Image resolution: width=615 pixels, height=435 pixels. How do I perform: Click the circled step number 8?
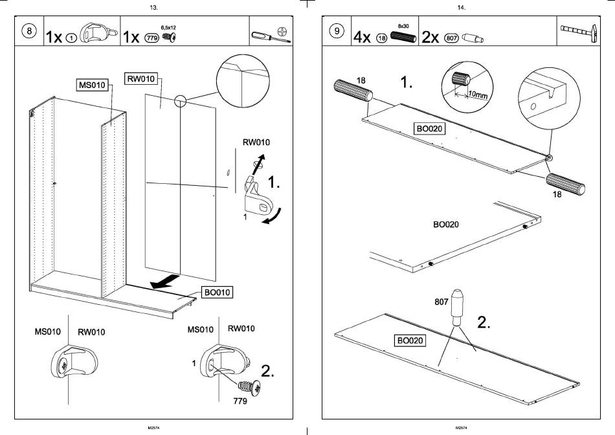click(28, 32)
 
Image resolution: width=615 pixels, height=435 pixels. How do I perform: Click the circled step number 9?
click(336, 32)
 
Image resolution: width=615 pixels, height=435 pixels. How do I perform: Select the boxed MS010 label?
click(91, 85)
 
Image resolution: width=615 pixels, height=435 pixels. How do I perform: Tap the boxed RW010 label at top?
click(140, 80)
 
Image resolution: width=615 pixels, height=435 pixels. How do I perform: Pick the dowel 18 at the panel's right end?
click(565, 184)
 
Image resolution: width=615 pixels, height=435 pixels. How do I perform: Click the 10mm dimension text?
click(478, 95)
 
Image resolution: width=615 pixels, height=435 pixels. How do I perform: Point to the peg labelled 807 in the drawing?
click(457, 307)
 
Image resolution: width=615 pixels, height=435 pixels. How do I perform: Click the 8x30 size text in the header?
click(403, 25)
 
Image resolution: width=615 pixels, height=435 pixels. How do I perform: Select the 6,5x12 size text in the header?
click(168, 28)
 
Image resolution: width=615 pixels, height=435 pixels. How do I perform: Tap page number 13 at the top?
click(153, 8)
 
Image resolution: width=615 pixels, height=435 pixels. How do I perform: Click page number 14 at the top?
click(461, 8)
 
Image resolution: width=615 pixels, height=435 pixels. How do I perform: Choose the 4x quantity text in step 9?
click(363, 38)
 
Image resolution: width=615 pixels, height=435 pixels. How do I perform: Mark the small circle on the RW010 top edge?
click(179, 100)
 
